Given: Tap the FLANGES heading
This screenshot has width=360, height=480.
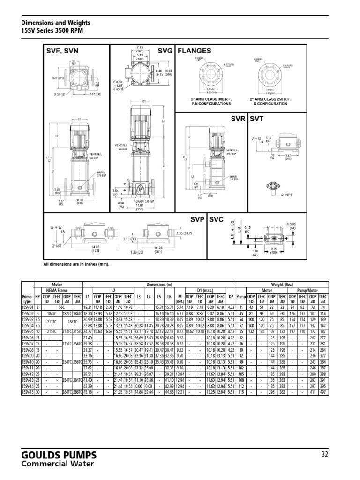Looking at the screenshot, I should pos(194,51).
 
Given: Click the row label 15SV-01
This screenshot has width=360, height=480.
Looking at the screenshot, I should pos(28,306).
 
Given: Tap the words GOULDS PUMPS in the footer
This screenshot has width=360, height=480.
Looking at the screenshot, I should pos(60,455).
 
